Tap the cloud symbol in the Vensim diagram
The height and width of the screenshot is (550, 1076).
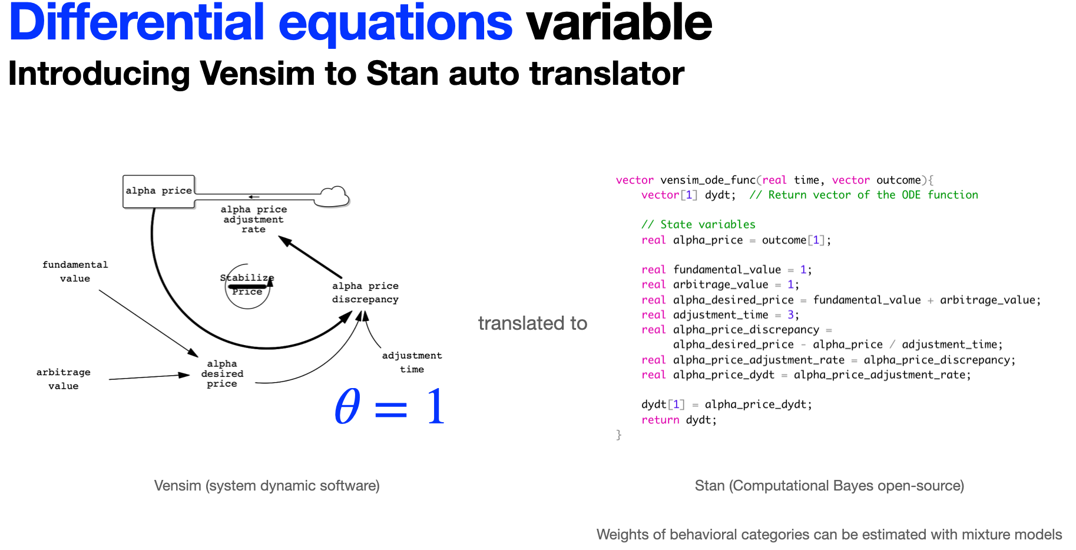(x=332, y=197)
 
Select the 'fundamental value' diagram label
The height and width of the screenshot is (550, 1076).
(x=75, y=271)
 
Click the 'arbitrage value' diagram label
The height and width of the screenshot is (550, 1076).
(x=64, y=379)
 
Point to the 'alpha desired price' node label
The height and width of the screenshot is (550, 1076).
(x=222, y=373)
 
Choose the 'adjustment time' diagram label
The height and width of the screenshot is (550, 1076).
(x=412, y=362)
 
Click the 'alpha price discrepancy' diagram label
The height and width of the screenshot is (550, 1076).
(x=365, y=292)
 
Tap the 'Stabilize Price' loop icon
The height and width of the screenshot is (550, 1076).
(x=247, y=286)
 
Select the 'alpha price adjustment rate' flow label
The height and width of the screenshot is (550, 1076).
(x=253, y=219)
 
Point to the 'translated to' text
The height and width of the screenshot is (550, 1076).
(x=532, y=323)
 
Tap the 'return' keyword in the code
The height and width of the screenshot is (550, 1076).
(x=660, y=420)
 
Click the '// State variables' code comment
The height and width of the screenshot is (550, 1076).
(x=698, y=224)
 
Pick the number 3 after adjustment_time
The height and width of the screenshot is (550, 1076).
(x=790, y=314)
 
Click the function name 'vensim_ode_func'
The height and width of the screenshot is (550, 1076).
(x=708, y=180)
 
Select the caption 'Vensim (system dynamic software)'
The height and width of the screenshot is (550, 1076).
(x=267, y=486)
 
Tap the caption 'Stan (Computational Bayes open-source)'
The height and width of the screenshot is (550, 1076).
(x=829, y=486)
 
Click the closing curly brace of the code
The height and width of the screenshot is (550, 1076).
(x=618, y=435)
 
